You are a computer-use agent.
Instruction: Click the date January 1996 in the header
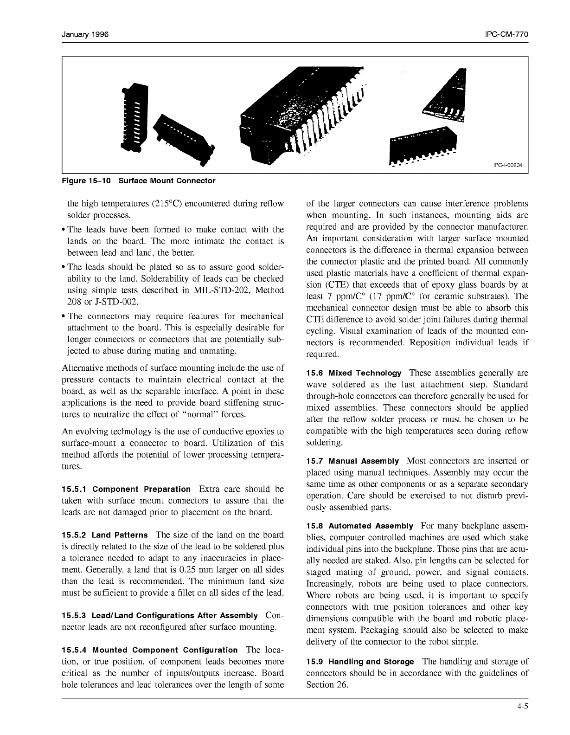tap(85, 35)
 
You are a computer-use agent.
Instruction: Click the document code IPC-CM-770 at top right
tap(507, 35)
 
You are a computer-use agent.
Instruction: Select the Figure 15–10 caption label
tap(86, 181)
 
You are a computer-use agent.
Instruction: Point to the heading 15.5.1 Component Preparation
tap(126, 489)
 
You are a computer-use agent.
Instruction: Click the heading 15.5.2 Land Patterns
tap(105, 535)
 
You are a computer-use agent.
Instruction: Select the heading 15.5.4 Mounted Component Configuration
tap(149, 650)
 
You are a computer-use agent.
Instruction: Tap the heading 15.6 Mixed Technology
tap(354, 373)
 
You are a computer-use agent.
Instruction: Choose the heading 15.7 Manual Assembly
tap(352, 461)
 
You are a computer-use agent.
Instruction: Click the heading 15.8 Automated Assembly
tap(359, 526)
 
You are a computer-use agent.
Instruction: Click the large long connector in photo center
tap(301, 116)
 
